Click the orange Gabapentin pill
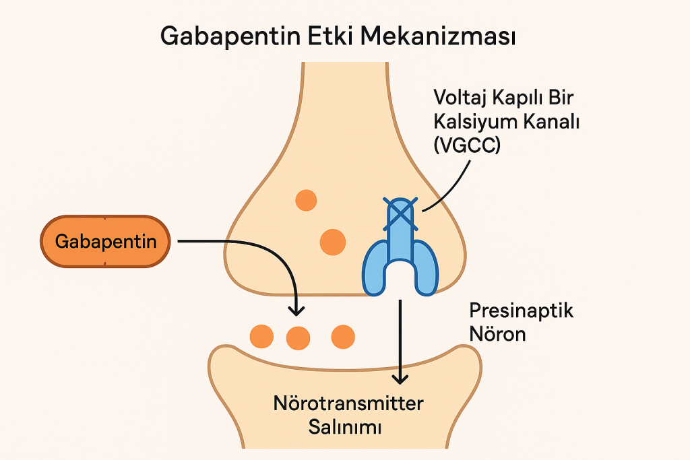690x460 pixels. tap(105, 241)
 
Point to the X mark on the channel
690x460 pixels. tap(401, 211)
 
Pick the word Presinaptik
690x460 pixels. tap(521, 311)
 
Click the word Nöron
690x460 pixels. tap(497, 333)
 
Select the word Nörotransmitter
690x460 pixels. tap(348, 404)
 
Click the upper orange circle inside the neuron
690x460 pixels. tap(307, 199)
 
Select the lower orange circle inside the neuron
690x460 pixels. tap(332, 242)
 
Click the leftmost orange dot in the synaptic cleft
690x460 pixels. tap(261, 335)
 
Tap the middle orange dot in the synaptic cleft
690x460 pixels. tap(299, 337)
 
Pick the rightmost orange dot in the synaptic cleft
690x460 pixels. tap(343, 335)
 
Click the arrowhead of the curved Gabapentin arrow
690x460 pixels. tap(294, 310)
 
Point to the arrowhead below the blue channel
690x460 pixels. tap(402, 379)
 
